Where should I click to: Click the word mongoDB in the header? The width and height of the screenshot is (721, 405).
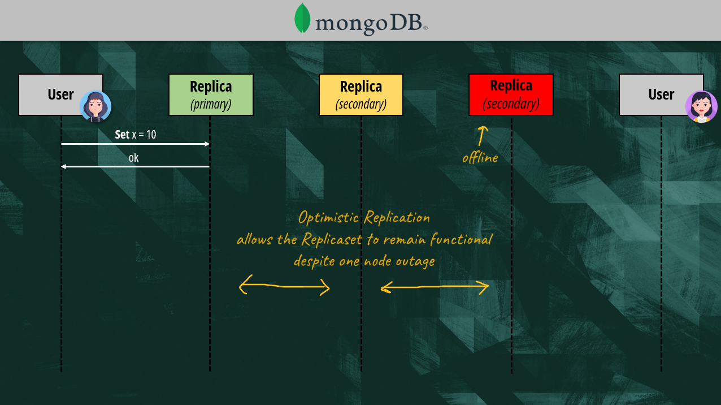pos(371,23)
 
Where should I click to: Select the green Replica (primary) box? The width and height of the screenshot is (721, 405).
pos(211,94)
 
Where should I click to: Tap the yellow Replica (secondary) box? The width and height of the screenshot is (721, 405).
pos(361,94)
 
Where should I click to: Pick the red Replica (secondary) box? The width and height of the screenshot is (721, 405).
pos(511,94)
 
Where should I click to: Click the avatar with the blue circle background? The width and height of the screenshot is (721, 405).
pos(95,106)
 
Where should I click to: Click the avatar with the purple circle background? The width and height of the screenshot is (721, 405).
pos(701,106)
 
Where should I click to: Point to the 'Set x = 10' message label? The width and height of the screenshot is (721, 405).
pos(136,135)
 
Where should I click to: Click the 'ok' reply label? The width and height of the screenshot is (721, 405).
pos(133,158)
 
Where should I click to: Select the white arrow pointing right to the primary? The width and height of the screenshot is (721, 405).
pos(136,144)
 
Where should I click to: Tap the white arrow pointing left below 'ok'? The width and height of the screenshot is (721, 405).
pos(136,166)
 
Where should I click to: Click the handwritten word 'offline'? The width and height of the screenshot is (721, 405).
pos(480,158)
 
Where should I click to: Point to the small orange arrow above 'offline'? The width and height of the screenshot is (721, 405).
pos(482,136)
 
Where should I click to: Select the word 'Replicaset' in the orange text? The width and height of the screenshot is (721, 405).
pos(332,239)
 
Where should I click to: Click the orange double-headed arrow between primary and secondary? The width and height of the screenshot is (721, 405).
pos(284,287)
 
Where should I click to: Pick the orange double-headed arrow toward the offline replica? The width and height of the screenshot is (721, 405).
pos(435,288)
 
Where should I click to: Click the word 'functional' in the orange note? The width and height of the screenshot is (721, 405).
pos(461,239)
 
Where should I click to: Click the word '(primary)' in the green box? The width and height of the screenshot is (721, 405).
pos(211,104)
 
